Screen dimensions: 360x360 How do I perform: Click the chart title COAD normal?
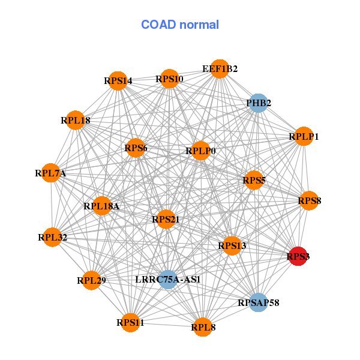point(180,25)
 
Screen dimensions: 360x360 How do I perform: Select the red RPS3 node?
point(298,256)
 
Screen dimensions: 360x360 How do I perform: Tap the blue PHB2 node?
point(258,103)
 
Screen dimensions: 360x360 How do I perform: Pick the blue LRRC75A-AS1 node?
point(168,279)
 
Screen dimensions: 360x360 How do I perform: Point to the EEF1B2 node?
point(220,69)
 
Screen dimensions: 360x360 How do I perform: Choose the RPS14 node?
point(118,80)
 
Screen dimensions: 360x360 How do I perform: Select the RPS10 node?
point(169,79)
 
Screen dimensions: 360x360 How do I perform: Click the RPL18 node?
point(76,120)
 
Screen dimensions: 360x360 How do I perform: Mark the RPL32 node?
point(53,237)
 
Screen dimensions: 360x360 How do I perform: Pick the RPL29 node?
point(91,280)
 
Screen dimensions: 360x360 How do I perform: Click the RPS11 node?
point(130,322)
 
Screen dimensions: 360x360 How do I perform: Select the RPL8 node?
point(203,327)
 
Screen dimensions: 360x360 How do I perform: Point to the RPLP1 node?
point(304,137)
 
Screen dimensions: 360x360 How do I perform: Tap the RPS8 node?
point(310,200)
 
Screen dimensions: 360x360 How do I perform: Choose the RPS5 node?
point(254,180)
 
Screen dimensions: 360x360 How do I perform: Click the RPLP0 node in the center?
point(200,151)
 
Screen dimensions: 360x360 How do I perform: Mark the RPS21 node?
point(166,220)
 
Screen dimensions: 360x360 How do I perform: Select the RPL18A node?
point(102,206)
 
